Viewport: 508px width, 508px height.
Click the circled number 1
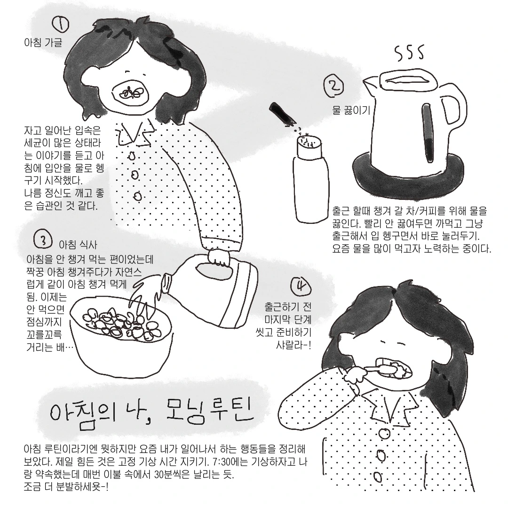61,24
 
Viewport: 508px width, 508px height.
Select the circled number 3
42,239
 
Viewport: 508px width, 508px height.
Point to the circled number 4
302,286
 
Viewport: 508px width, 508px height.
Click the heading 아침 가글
43,42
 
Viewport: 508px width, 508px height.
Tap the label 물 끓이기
351,111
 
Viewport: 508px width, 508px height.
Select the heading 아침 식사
78,245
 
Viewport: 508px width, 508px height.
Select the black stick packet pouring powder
282,114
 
